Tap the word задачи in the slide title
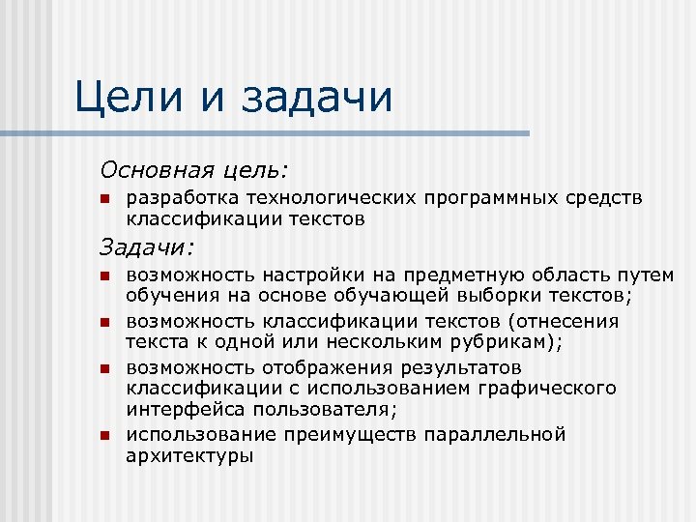(318, 98)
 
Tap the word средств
(605, 198)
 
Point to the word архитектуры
(189, 456)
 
